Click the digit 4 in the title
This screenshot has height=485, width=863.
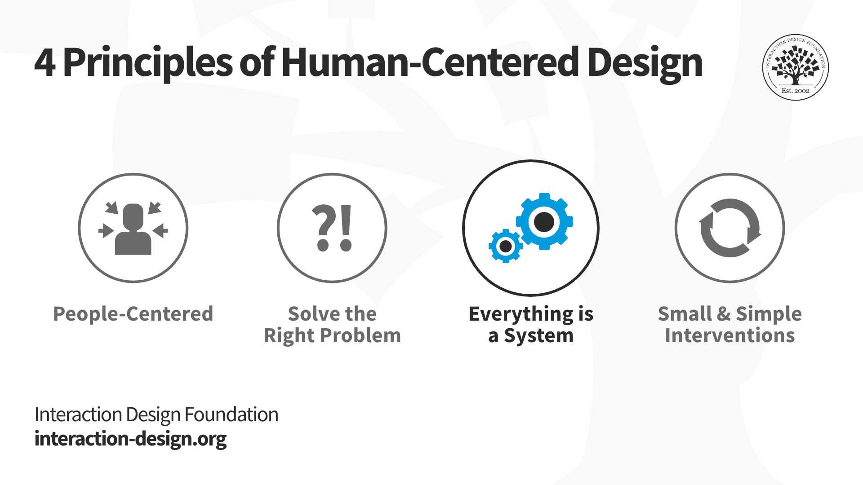pyautogui.click(x=45, y=63)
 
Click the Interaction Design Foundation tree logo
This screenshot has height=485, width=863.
pyautogui.click(x=796, y=67)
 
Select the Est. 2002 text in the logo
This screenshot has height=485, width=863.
pyautogui.click(x=796, y=91)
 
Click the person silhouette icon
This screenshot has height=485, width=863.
pyautogui.click(x=133, y=229)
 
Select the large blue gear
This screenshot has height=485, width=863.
pyautogui.click(x=544, y=221)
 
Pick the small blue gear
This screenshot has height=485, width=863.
pyautogui.click(x=506, y=246)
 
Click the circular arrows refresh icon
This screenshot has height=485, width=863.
pyautogui.click(x=730, y=228)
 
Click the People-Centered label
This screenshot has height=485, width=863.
pyautogui.click(x=133, y=314)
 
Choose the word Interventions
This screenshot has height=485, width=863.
pyautogui.click(x=730, y=335)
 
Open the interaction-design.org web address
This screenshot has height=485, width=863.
pyautogui.click(x=130, y=439)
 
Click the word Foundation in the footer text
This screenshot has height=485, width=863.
pyautogui.click(x=231, y=414)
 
